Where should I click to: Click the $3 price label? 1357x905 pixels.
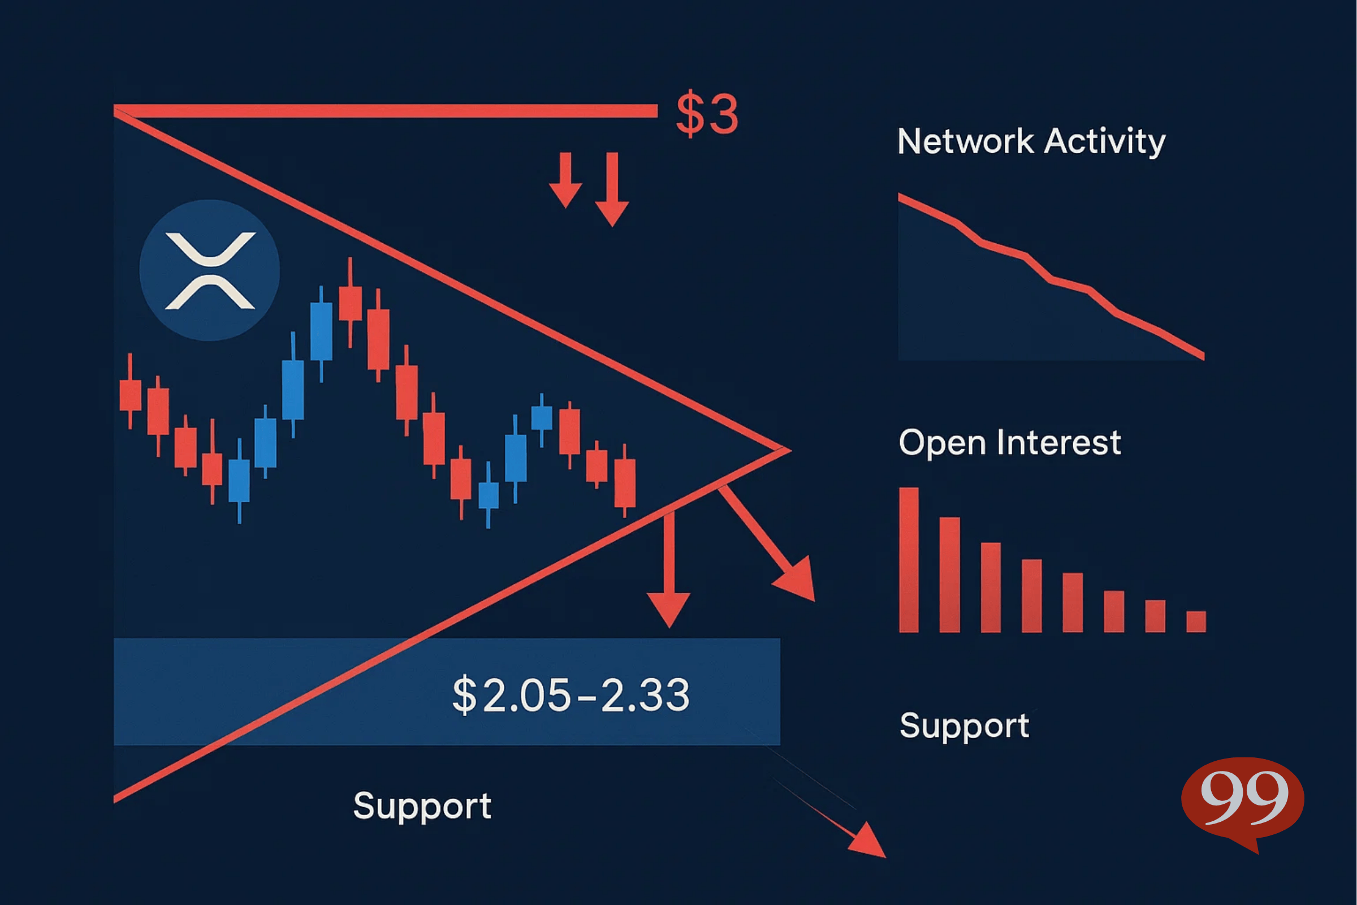[x=707, y=113]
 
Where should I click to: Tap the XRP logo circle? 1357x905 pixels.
[x=209, y=270]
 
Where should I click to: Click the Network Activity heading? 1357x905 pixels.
[x=1031, y=141]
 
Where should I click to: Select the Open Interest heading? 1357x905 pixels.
[x=1010, y=443]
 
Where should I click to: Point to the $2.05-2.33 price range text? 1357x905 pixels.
[x=571, y=695]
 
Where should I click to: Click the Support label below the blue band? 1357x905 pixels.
[x=422, y=805]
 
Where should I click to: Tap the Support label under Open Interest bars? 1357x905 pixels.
[x=964, y=726]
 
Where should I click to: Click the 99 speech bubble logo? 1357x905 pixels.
[x=1243, y=802]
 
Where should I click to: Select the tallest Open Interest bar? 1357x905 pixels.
[x=909, y=560]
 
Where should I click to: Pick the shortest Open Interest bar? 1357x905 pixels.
[x=1196, y=622]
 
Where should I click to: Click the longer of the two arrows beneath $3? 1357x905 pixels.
[x=612, y=189]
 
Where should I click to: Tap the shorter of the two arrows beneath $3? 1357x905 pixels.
[x=565, y=180]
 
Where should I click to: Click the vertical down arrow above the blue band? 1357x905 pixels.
[x=669, y=570]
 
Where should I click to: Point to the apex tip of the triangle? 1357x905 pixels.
[x=790, y=450]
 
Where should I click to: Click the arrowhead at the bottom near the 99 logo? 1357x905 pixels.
[x=868, y=842]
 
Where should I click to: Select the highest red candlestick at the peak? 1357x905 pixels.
[x=350, y=303]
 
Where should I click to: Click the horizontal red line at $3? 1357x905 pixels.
[x=386, y=111]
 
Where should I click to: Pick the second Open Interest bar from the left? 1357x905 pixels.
[x=950, y=575]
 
